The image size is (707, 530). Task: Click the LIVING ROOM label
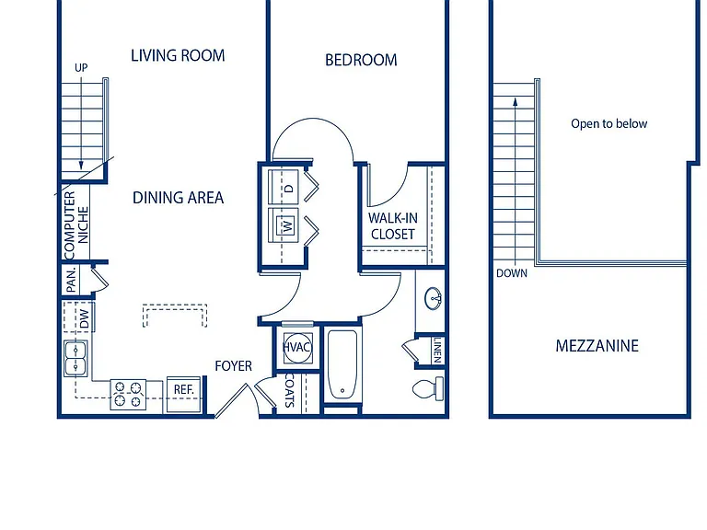click(x=178, y=55)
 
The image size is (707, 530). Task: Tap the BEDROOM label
click(x=361, y=60)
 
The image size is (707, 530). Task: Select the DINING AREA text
click(x=178, y=198)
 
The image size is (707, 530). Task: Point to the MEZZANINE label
click(x=597, y=346)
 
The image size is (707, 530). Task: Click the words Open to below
click(x=609, y=123)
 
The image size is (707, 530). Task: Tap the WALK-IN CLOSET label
click(x=393, y=226)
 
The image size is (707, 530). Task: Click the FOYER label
click(x=233, y=366)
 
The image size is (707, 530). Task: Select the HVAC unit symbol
click(x=297, y=347)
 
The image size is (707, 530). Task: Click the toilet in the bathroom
click(x=428, y=389)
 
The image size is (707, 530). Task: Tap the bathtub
click(x=342, y=364)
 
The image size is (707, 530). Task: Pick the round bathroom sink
click(x=433, y=298)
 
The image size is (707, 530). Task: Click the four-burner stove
click(x=128, y=395)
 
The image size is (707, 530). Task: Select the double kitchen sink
click(x=75, y=358)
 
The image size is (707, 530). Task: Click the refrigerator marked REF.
click(x=183, y=395)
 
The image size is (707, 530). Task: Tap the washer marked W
click(x=284, y=224)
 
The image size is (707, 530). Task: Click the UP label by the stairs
click(x=81, y=67)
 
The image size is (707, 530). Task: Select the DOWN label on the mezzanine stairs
click(x=512, y=273)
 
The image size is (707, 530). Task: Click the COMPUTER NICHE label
click(x=76, y=225)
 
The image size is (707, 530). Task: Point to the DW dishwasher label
click(x=85, y=318)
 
